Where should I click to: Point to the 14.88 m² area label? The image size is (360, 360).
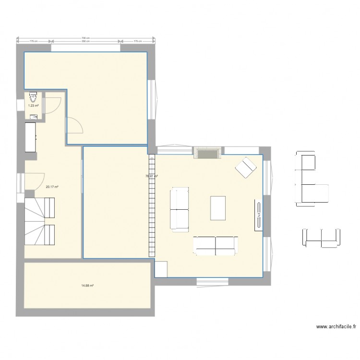[x=87, y=285]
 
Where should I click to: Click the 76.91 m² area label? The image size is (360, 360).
[x=152, y=176]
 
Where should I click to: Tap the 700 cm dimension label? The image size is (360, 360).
[x=86, y=38]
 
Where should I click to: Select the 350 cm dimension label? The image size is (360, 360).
[x=86, y=41]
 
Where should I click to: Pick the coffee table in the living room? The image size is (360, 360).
[x=218, y=208]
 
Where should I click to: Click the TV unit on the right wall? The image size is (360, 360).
[x=258, y=214]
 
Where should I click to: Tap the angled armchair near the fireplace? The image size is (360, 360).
[x=246, y=167]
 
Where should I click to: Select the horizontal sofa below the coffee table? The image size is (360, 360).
[x=215, y=245]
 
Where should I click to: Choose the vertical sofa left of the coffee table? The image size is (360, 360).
[x=180, y=209]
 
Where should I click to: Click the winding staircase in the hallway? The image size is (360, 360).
[x=40, y=222]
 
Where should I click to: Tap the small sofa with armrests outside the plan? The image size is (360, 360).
[x=321, y=238]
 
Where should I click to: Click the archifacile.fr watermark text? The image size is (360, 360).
[x=336, y=326]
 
